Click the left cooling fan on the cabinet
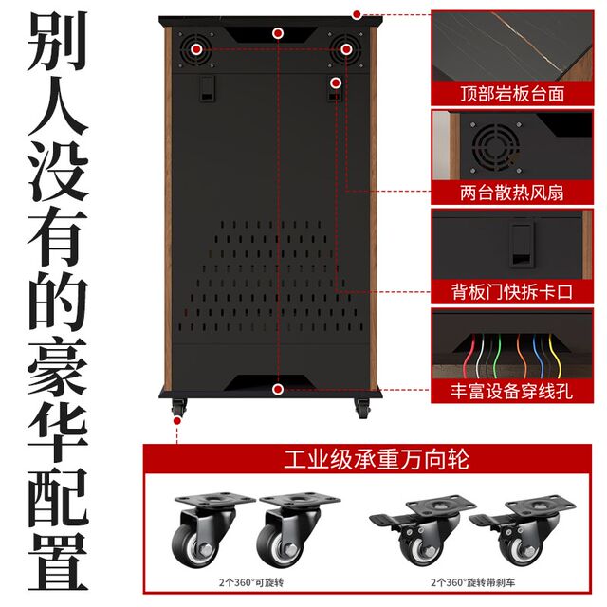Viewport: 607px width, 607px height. tap(197, 48)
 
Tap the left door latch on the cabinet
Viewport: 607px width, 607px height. tap(205, 90)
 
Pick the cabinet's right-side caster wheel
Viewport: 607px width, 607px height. tap(361, 408)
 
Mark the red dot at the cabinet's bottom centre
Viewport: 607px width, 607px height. tap(277, 389)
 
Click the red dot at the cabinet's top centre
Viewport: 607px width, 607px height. tap(277, 33)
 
